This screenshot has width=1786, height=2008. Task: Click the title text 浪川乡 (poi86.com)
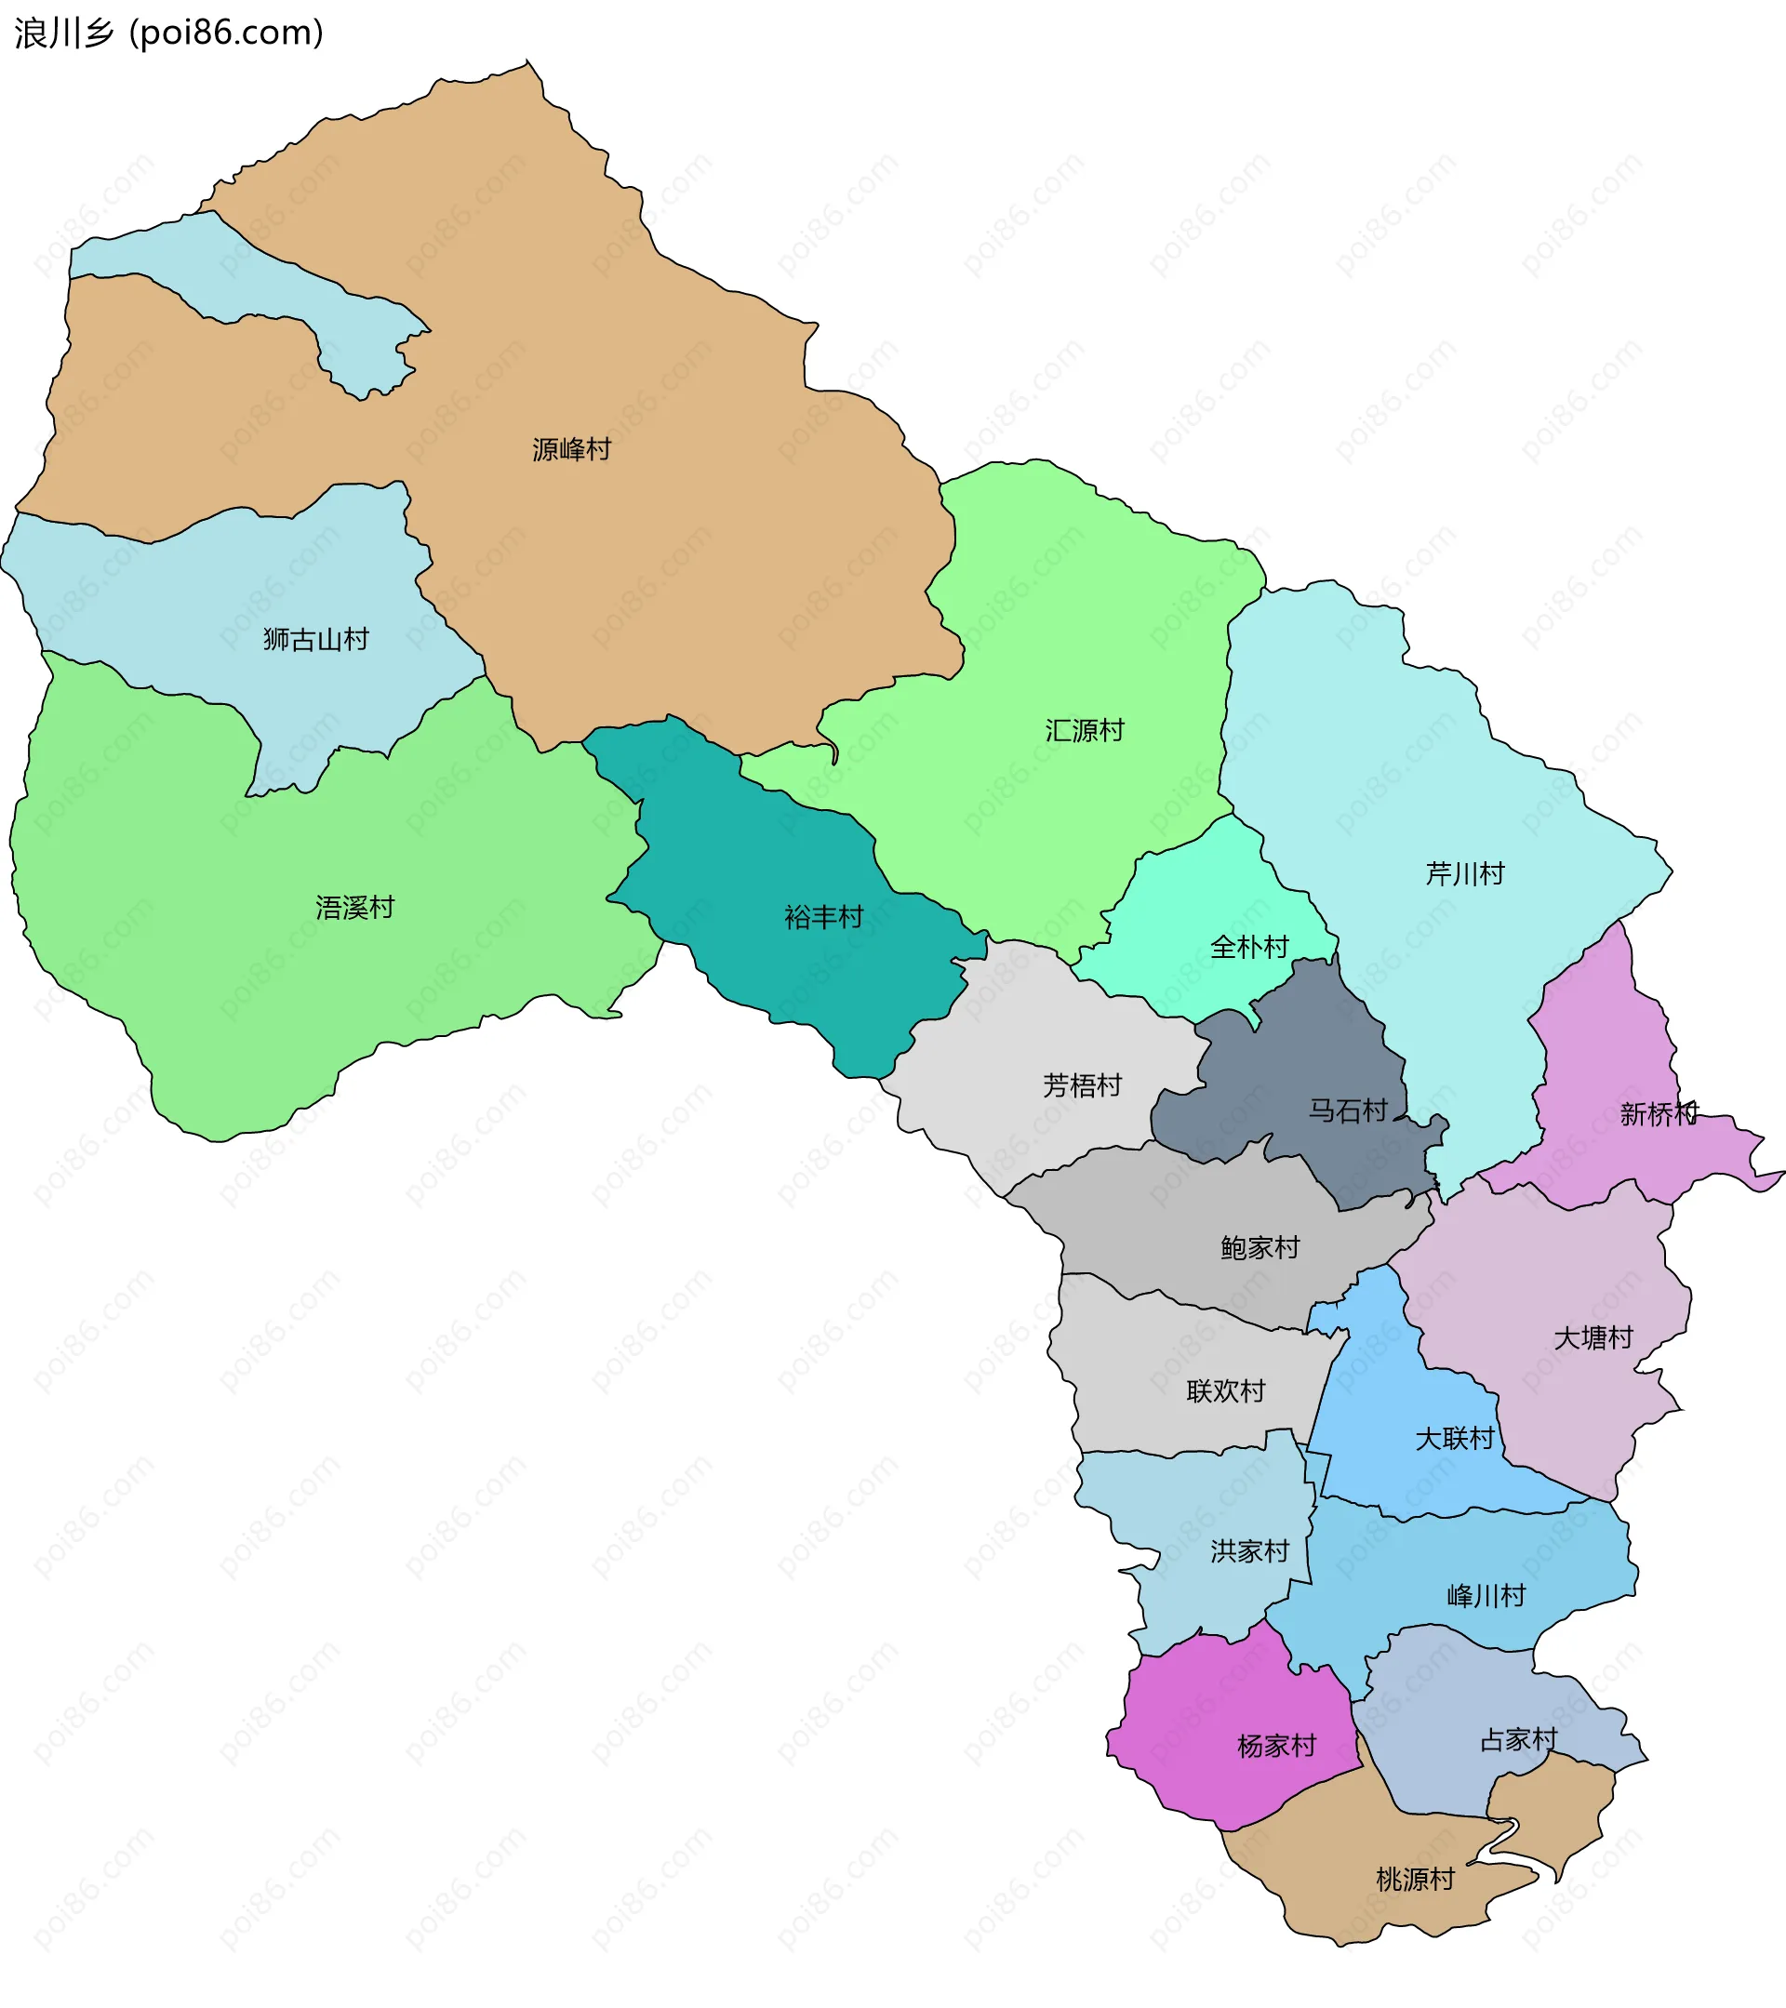click(x=168, y=33)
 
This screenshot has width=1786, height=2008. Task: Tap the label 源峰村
click(x=572, y=450)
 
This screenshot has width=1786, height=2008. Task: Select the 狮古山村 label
click(x=316, y=641)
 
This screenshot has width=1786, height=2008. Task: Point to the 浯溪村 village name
click(x=354, y=908)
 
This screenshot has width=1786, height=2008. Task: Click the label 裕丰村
click(x=823, y=918)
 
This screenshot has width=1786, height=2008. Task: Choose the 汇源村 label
click(x=1085, y=731)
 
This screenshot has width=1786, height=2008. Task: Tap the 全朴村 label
click(x=1249, y=948)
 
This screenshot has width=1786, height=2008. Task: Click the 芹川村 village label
click(x=1465, y=874)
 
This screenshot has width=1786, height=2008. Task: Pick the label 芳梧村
click(x=1082, y=1085)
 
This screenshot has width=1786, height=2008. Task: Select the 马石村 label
click(x=1347, y=1111)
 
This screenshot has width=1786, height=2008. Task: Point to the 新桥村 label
click(x=1659, y=1114)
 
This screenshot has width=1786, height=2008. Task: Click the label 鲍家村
click(x=1260, y=1249)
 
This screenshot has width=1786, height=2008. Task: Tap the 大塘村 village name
click(x=1593, y=1338)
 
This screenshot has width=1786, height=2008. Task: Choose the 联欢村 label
click(x=1225, y=1392)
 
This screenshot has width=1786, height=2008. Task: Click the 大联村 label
click(x=1454, y=1439)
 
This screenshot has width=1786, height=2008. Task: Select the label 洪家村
click(x=1249, y=1552)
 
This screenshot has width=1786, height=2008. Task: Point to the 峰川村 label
click(x=1486, y=1596)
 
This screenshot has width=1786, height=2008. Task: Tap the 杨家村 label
click(x=1276, y=1747)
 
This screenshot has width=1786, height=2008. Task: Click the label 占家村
click(x=1519, y=1741)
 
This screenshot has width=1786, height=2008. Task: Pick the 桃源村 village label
click(x=1415, y=1881)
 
